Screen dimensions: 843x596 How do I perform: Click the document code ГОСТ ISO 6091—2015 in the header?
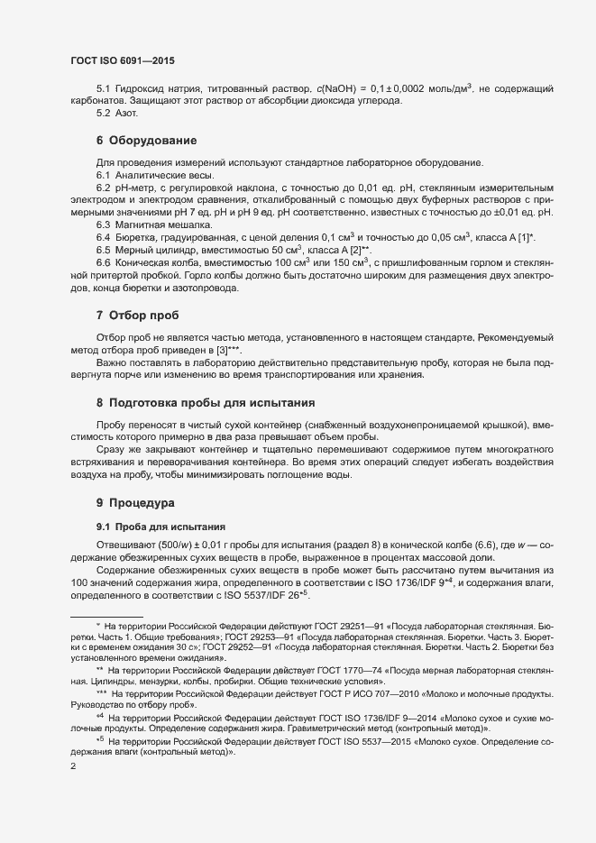pos(122,60)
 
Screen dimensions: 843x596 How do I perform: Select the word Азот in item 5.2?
pos(126,115)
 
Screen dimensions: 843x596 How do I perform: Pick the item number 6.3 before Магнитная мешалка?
pos(104,223)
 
